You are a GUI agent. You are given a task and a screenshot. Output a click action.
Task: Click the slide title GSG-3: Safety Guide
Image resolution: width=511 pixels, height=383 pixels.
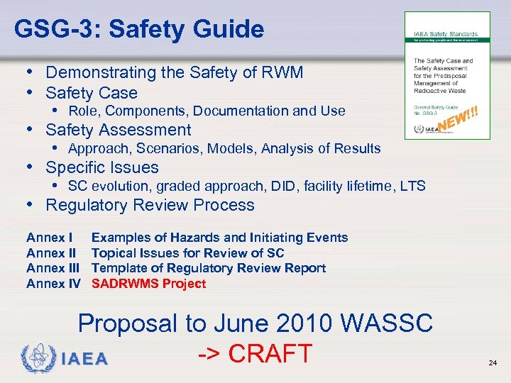click(x=138, y=29)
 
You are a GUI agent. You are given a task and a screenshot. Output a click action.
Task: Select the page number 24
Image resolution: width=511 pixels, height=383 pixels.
click(x=493, y=362)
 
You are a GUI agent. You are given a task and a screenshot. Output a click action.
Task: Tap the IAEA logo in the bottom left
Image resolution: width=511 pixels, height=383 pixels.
click(x=65, y=356)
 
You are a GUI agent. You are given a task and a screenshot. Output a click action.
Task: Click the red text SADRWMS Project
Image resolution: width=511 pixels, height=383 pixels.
click(x=148, y=284)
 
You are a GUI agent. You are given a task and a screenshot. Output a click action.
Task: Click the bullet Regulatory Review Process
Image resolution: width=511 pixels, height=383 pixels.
click(x=150, y=205)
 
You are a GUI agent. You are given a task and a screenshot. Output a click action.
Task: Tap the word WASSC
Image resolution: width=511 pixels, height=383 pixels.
click(x=387, y=323)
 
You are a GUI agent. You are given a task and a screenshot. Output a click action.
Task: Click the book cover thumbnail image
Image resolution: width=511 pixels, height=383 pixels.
click(x=447, y=75)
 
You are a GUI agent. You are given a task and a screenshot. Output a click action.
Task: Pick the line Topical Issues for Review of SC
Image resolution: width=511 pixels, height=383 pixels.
click(x=187, y=253)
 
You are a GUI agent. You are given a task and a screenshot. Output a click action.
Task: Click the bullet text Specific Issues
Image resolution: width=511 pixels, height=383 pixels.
click(x=102, y=167)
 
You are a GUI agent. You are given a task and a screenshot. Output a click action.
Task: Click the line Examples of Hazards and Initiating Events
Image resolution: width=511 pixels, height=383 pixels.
click(x=219, y=238)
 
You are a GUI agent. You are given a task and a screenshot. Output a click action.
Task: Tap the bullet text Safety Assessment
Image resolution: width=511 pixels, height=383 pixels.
click(x=119, y=130)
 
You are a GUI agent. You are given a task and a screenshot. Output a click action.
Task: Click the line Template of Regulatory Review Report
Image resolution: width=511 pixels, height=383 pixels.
click(x=209, y=268)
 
